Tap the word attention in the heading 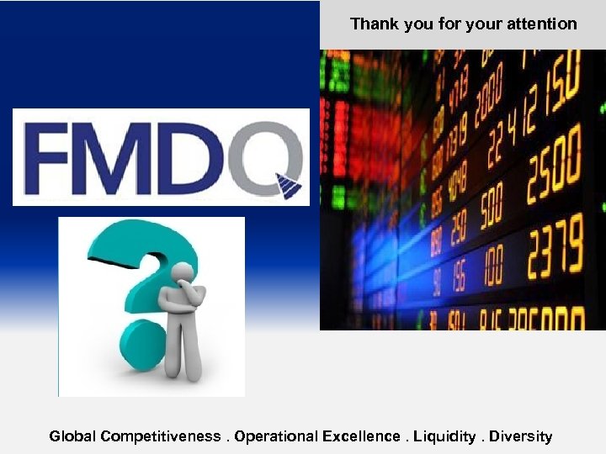543,24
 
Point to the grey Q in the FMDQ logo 265,156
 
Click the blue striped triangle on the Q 289,186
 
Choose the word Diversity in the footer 520,436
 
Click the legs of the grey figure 184,357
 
